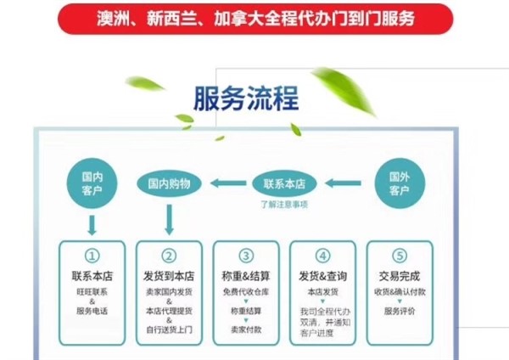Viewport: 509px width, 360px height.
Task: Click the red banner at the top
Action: coord(255,18)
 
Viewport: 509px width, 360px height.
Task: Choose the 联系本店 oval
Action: coord(284,182)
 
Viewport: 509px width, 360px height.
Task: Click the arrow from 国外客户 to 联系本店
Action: coord(343,182)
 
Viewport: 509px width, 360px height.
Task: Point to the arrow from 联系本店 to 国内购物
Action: coord(227,182)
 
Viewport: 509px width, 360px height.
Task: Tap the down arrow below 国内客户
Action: coord(92,224)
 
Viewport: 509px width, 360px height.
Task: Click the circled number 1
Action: coord(92,256)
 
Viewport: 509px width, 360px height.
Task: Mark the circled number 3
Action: coord(246,256)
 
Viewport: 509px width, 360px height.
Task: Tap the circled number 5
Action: coord(400,256)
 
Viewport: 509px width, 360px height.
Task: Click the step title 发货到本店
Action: coord(169,277)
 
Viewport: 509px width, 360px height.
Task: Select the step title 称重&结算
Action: coord(246,277)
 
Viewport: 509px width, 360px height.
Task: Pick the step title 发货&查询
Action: coord(322,277)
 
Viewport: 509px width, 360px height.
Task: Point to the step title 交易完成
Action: coord(400,277)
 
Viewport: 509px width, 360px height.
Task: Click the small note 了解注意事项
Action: coord(284,204)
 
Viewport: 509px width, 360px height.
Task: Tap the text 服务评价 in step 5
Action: coord(400,312)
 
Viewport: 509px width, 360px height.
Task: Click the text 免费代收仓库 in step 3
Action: coord(246,293)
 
